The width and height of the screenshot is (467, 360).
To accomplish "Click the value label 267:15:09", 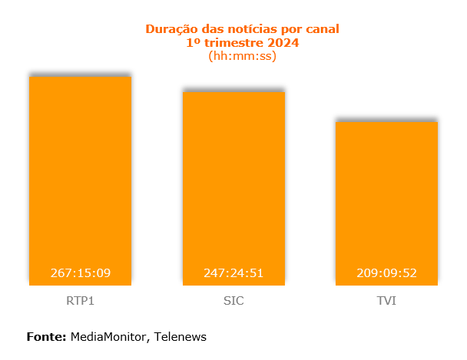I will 81,273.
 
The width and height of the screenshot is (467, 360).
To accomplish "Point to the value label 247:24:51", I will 233,273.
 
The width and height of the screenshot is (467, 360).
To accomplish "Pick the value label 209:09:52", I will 387,273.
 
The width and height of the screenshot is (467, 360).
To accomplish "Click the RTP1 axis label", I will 80,301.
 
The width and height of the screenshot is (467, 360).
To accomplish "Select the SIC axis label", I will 233,301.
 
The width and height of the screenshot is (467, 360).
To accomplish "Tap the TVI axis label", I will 386,301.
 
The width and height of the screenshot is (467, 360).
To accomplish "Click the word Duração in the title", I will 170,29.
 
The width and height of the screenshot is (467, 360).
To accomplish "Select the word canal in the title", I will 320,29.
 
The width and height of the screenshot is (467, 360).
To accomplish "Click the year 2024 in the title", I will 283,42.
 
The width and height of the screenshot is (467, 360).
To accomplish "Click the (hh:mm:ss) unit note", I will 242,55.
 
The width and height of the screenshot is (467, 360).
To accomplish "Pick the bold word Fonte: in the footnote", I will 47,336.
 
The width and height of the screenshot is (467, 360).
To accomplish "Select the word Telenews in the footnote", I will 181,336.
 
